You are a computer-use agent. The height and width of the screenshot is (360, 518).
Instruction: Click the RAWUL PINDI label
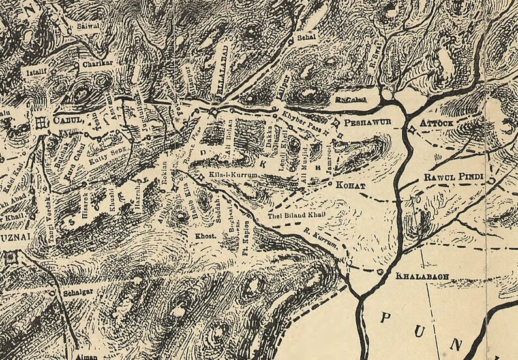pos(449,177)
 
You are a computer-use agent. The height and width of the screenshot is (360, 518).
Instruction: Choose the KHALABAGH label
pos(422,276)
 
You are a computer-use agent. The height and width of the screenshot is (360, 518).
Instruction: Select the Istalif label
pos(35,68)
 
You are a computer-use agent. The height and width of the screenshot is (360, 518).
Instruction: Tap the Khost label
pos(207,234)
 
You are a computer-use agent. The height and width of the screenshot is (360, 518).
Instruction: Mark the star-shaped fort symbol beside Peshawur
pos(336,122)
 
